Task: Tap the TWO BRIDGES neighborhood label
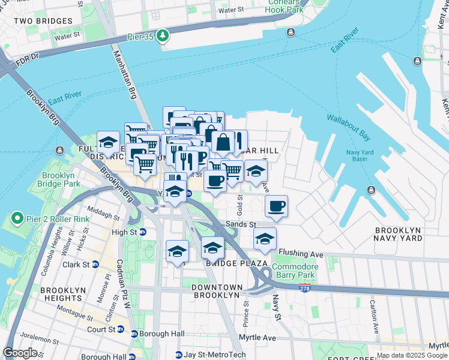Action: pyautogui.click(x=47, y=21)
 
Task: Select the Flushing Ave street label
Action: pyautogui.click(x=301, y=254)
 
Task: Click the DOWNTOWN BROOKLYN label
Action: pyautogui.click(x=216, y=291)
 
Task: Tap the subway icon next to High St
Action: pyautogui.click(x=143, y=232)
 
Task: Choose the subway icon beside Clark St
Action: pyautogui.click(x=95, y=264)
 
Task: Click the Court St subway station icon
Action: pyautogui.click(x=120, y=329)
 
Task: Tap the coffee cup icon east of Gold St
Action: pyautogui.click(x=276, y=207)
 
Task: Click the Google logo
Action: pyautogui.click(x=20, y=353)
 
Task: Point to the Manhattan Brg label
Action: pyautogui.click(x=124, y=75)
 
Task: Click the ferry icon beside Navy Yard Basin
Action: pyautogui.click(x=371, y=190)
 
